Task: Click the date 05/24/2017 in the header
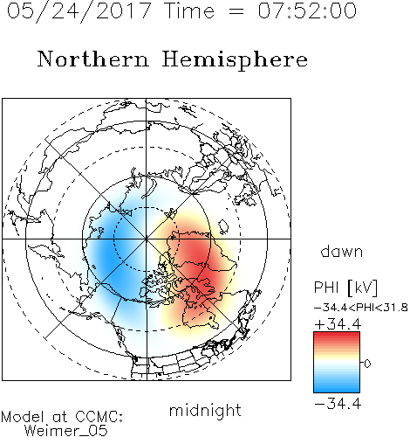point(79,11)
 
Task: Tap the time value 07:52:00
point(307,10)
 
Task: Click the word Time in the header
point(189,10)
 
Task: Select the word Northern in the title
point(92,59)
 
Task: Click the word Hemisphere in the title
point(235,60)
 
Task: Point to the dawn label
point(342,252)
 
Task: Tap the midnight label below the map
point(205,411)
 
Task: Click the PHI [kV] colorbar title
point(345,288)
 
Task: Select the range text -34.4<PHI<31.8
point(361,308)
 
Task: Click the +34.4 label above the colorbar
point(338,324)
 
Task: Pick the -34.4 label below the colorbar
point(338,404)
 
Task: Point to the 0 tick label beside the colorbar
point(367,364)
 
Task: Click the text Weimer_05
point(65,431)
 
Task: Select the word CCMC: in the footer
point(99,417)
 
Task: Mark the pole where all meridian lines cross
point(146,239)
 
